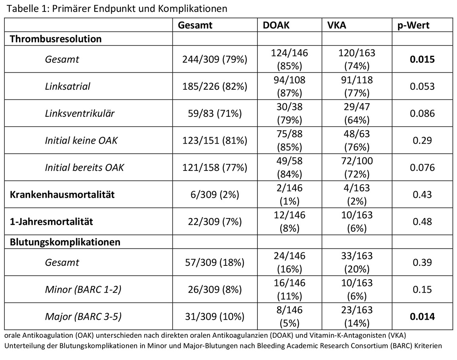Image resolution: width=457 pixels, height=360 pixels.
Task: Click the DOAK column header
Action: point(276,25)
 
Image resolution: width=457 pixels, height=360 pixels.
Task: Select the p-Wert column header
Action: point(413,25)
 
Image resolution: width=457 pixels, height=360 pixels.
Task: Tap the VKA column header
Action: point(337,25)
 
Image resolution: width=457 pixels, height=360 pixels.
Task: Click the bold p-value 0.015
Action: point(422,59)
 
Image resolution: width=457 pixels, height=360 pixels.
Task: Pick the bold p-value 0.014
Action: point(422,316)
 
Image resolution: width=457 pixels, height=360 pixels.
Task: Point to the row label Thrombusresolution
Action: point(56,39)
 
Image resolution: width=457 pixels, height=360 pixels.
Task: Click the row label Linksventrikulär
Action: point(80,113)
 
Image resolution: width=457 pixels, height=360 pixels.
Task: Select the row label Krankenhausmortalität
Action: point(62,195)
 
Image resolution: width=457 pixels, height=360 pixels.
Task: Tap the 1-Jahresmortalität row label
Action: point(51,222)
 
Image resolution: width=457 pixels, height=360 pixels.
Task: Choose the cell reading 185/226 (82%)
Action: point(215,86)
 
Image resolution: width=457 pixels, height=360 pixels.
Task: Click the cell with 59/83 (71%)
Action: point(215,113)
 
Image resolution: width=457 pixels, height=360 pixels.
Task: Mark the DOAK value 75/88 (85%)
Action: point(289,140)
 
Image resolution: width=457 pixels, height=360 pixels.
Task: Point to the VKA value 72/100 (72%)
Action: point(357,167)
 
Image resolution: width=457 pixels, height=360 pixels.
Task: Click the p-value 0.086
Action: point(422,113)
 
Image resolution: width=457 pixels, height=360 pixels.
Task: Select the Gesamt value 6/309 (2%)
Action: point(215,195)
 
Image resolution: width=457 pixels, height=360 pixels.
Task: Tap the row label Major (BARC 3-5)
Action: point(83,316)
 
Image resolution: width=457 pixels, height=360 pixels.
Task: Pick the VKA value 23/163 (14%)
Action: point(357,316)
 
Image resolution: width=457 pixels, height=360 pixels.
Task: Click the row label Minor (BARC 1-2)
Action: point(83,289)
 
